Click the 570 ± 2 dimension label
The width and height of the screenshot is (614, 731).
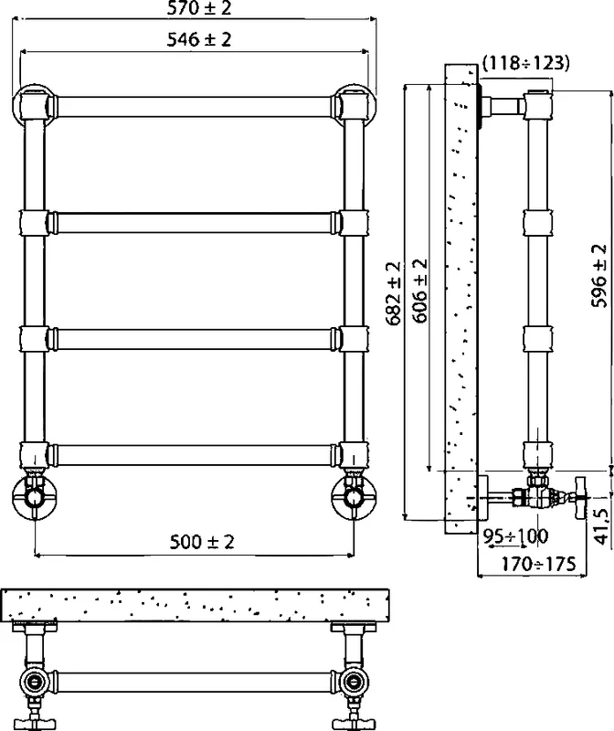(x=199, y=8)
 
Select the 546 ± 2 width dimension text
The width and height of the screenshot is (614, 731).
(x=199, y=39)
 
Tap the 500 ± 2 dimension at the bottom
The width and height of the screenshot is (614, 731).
(x=201, y=542)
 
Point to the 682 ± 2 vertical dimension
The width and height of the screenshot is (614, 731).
(x=393, y=293)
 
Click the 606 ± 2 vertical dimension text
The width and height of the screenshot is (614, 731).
(x=420, y=291)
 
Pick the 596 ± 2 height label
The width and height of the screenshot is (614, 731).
(x=599, y=276)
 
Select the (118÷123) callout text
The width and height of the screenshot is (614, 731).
(x=525, y=62)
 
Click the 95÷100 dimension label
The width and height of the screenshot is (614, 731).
(x=515, y=536)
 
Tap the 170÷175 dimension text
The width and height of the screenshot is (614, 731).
(x=538, y=564)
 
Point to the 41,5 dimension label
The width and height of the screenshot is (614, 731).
(x=602, y=526)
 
